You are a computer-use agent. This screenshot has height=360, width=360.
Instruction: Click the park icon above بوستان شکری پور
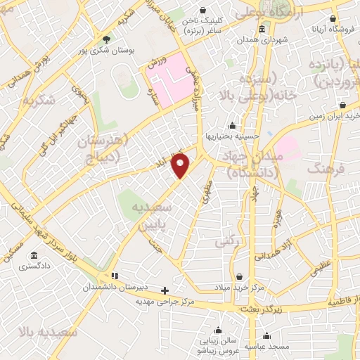(106, 39)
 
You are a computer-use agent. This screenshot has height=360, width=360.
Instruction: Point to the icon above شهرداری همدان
(262, 30)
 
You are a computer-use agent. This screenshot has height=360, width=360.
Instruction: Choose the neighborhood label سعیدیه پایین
(149, 217)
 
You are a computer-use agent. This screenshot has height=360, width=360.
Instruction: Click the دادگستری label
(33, 266)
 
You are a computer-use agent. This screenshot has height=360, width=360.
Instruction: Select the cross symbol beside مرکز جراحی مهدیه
(165, 290)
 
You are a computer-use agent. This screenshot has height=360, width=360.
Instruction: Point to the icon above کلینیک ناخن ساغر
(204, 11)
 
